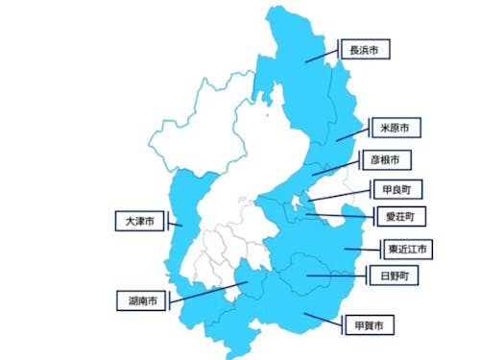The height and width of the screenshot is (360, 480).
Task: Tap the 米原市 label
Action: click(x=393, y=128)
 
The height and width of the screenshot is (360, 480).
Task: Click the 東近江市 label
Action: click(x=408, y=250)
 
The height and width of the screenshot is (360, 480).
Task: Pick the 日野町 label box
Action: click(x=394, y=276)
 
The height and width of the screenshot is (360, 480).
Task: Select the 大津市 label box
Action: click(x=139, y=221)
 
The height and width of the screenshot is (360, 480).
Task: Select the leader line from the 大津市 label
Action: click(x=173, y=225)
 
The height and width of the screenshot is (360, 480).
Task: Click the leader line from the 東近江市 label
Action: click(x=364, y=249)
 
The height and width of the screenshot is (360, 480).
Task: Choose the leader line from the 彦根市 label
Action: click(x=337, y=165)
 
